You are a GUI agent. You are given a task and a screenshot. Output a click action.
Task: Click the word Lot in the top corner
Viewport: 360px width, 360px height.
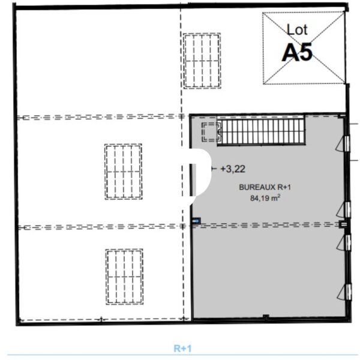click(297, 30)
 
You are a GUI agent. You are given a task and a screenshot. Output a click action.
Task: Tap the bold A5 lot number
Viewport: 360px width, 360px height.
click(297, 52)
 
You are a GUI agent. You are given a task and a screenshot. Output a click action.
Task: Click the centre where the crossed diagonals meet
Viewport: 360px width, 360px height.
click(304, 48)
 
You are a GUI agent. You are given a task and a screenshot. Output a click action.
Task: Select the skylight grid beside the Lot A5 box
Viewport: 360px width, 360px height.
click(202, 61)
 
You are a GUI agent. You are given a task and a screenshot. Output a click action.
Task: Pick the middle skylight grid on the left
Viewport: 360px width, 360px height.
click(123, 172)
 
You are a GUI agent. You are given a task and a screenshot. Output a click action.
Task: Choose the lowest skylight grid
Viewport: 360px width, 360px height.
click(124, 277)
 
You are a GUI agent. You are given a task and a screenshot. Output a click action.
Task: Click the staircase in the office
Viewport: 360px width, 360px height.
click(261, 130)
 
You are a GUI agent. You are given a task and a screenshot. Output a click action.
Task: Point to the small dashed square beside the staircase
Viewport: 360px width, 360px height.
click(211, 132)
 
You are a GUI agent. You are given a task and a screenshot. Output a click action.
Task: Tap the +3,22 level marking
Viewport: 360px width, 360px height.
click(233, 169)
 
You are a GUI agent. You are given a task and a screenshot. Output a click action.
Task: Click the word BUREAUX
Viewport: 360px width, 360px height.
click(257, 187)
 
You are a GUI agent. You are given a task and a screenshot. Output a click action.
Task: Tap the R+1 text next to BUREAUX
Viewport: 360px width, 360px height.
click(284, 187)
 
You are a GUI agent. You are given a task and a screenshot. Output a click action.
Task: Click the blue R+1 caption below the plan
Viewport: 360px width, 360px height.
click(182, 349)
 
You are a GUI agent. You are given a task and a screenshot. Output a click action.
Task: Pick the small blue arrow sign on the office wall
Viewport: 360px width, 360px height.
click(197, 221)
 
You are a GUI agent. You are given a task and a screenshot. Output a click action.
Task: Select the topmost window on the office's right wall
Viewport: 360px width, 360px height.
click(343, 144)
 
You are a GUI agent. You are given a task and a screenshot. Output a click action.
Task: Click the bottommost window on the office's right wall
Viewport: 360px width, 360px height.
click(345, 292)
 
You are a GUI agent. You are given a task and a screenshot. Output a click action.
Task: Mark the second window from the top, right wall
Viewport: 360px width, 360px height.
click(344, 209)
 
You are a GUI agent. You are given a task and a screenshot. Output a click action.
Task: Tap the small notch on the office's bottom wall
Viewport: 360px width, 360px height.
click(266, 317)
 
